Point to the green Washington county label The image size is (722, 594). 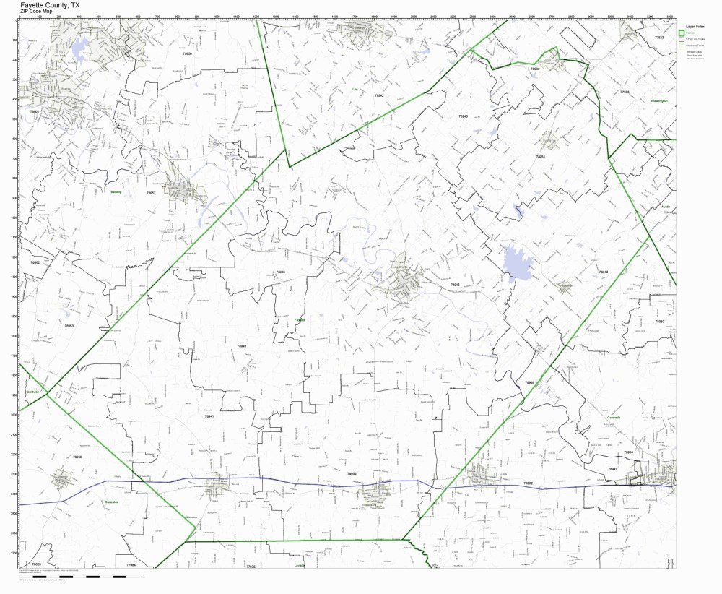[658, 100]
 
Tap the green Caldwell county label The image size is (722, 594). [32, 392]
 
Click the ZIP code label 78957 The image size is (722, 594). [151, 194]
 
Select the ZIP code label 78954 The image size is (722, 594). [539, 156]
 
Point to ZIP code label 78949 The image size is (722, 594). [242, 346]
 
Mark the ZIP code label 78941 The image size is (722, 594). [209, 416]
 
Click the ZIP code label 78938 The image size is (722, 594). [529, 382]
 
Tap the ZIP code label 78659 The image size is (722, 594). [188, 53]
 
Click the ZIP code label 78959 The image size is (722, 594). [77, 457]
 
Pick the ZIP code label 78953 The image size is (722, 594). [69, 326]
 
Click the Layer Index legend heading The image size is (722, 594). [695, 25]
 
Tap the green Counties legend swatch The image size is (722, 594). [681, 33]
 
